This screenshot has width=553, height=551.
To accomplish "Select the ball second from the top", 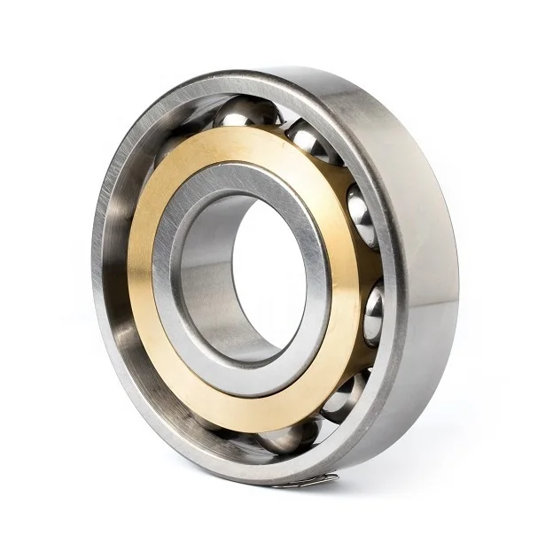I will tap(310, 142).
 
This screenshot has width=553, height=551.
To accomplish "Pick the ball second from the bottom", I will tap(343, 396).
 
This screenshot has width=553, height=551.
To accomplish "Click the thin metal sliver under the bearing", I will tap(306, 481).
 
